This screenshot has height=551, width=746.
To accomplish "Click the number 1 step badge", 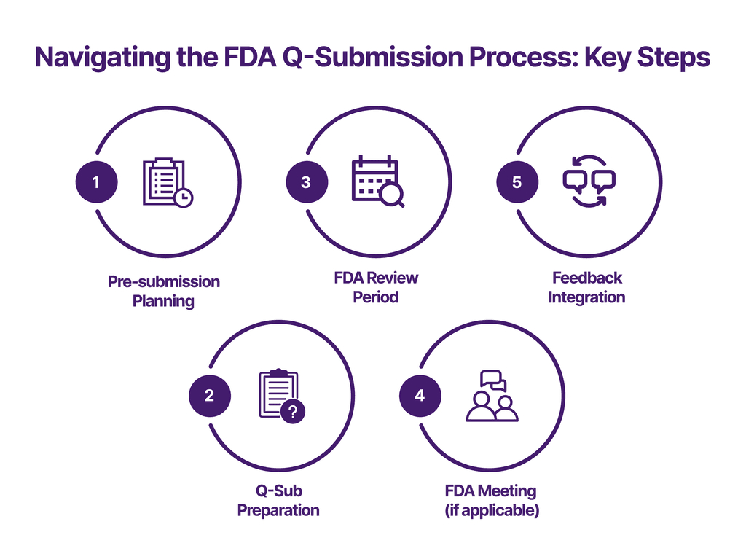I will coord(96,182).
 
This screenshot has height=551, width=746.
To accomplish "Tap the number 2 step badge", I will coord(210,396).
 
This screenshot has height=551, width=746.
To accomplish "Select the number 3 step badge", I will coord(306,182).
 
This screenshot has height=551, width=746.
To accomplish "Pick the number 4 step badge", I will coord(420,396).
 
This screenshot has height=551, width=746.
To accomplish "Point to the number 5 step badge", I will coord(517,182).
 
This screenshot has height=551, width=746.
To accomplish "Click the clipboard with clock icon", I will coord(167,182).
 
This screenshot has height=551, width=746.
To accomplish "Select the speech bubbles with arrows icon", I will coord(589,180).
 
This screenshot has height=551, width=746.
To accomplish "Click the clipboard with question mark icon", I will coord(281,396).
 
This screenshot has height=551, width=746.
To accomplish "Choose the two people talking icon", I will coord(492,396).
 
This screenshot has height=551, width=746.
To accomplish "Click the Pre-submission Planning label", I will coord(164,290).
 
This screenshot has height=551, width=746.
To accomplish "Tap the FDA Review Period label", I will coord(376,287).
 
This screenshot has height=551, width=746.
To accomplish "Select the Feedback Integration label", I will coord(586,287).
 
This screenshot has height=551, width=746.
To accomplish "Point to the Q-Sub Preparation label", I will coord(278,500).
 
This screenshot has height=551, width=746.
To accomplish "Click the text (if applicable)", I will coord(492,509).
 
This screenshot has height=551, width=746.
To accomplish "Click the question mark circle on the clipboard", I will coord(293,413).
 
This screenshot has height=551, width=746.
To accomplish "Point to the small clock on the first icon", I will coord(184,198).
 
